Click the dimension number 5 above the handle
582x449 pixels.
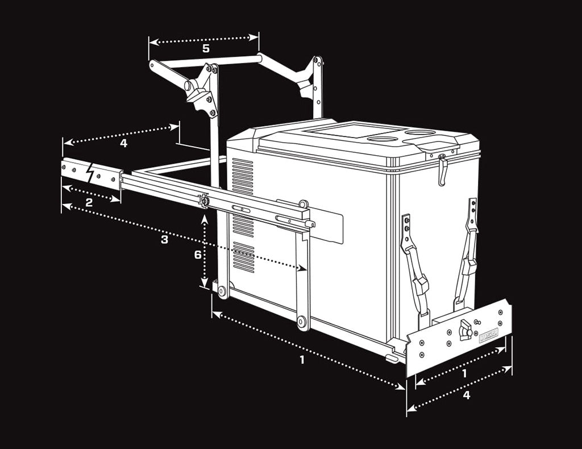206,49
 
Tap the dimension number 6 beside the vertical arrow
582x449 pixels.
198,255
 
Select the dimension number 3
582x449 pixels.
164,239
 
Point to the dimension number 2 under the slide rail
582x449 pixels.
89,202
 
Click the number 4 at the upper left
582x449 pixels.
123,143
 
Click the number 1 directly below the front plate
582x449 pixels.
464,373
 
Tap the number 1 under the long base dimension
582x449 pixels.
302,359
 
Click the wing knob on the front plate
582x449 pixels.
465,330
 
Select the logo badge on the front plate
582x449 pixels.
488,336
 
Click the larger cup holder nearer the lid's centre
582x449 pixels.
381,138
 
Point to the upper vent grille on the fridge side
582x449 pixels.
243,177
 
